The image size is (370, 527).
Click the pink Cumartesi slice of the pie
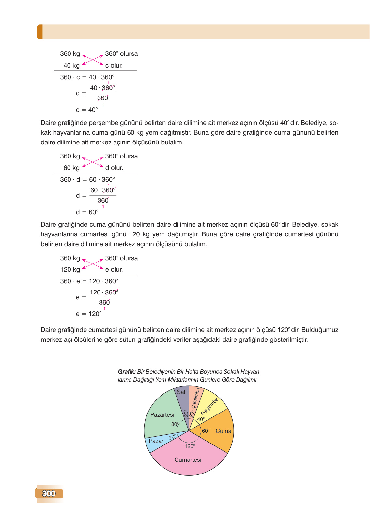coord(188,460)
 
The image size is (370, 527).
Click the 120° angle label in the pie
coord(190,446)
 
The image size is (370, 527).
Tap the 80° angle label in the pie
coord(175,424)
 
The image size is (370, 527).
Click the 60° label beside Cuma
coord(206,431)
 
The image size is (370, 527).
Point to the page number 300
coord(49,493)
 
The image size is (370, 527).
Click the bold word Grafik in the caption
coord(127,372)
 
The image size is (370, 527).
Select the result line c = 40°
coord(87,110)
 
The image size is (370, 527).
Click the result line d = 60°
coord(87,212)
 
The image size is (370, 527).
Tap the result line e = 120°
coord(89,314)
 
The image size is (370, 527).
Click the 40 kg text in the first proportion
coord(71,66)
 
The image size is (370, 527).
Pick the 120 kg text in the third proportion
coord(70,270)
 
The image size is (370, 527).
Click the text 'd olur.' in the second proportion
coord(114,168)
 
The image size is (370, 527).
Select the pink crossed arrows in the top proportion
coord(93,60)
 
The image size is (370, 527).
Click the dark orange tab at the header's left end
coord(40,32)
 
